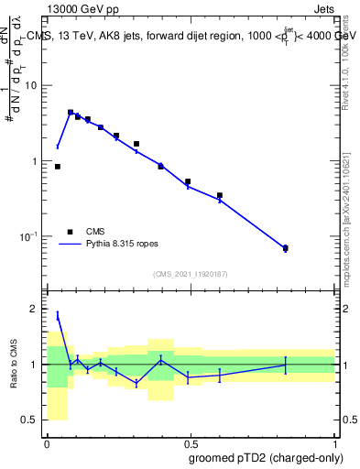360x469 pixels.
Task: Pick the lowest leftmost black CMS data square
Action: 58,167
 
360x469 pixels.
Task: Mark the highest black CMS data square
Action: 71,113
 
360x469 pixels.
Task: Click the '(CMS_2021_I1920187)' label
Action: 191,274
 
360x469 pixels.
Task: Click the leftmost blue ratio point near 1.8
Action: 58,315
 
